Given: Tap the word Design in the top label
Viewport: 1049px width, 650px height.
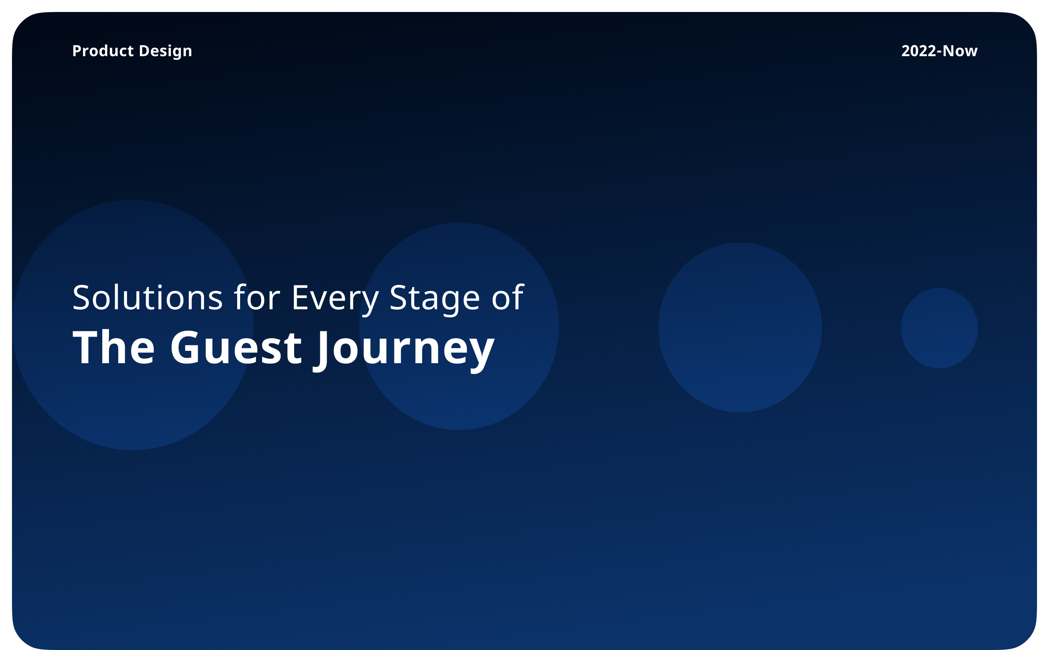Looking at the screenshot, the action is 165,52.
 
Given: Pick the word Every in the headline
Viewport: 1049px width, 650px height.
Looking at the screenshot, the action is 335,300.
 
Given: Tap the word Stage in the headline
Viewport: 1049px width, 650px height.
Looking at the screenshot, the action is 434,300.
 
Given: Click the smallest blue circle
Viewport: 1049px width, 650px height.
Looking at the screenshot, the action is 939,328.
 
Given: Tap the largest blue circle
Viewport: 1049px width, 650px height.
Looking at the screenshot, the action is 133,325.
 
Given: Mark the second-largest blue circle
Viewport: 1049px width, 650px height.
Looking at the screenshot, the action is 459,326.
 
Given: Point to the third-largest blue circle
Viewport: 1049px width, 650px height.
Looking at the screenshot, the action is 740,328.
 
